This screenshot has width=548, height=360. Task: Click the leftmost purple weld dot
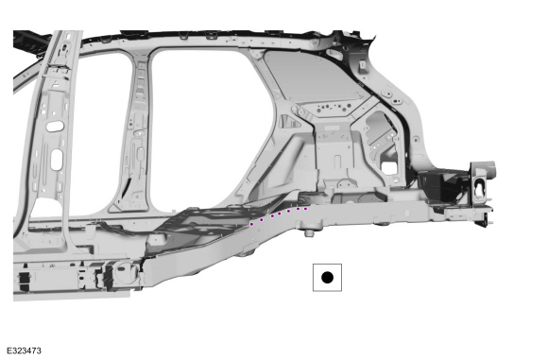click(251, 224)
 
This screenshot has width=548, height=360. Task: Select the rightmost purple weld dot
click(305, 209)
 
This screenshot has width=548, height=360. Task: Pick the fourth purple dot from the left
click(280, 214)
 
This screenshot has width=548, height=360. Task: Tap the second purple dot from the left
click(262, 220)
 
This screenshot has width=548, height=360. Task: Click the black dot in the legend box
click(327, 278)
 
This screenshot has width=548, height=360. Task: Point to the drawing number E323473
click(24, 351)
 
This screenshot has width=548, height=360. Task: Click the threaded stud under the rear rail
click(308, 232)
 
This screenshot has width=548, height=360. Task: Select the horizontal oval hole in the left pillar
click(55, 127)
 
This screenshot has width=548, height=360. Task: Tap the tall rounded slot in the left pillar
click(57, 160)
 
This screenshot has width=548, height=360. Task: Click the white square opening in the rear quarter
click(387, 166)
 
